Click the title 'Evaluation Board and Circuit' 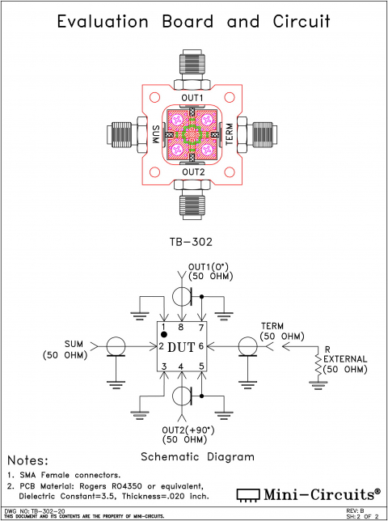pos(193,22)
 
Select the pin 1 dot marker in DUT pos(163,334)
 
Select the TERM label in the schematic pos(272,326)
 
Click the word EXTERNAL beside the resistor pos(346,359)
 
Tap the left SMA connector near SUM pos(121,134)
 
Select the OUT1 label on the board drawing pos(192,97)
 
